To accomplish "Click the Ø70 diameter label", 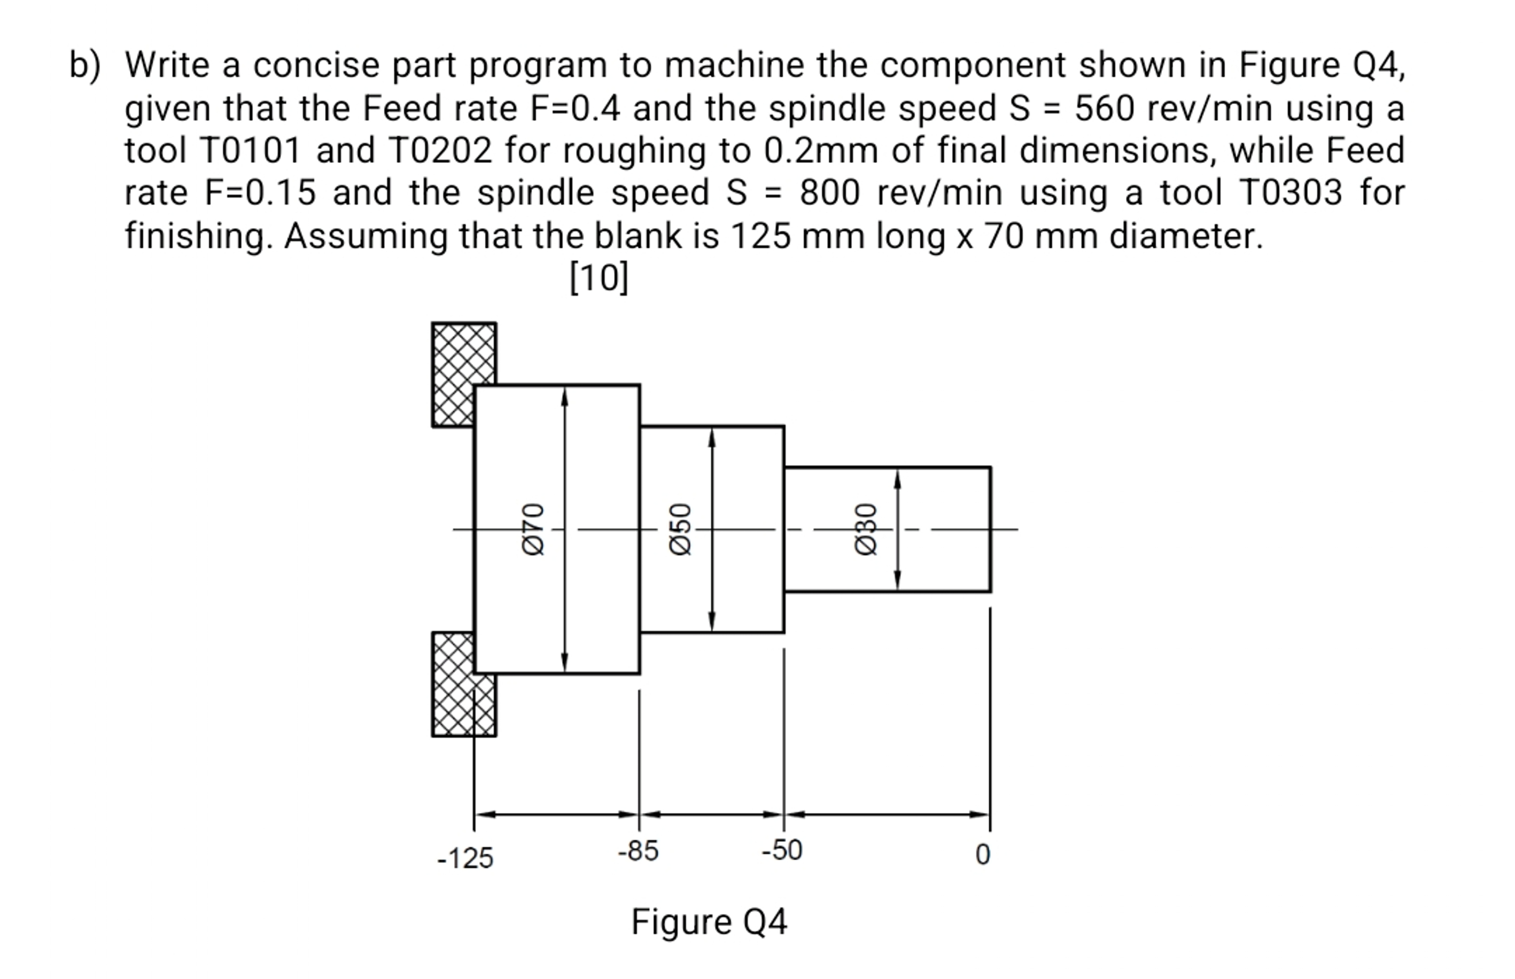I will [x=533, y=530].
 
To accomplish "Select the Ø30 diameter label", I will [x=866, y=530].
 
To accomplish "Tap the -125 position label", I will [x=465, y=859].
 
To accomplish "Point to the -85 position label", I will [x=638, y=851].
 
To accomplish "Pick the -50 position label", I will [x=782, y=850].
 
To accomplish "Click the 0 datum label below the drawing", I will [x=982, y=855].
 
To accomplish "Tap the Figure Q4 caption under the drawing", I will [x=709, y=922].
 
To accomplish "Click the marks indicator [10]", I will [x=598, y=278].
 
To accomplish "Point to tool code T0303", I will [x=1291, y=192].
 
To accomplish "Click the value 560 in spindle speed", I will [x=1104, y=108].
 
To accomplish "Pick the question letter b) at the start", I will [x=84, y=66].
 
